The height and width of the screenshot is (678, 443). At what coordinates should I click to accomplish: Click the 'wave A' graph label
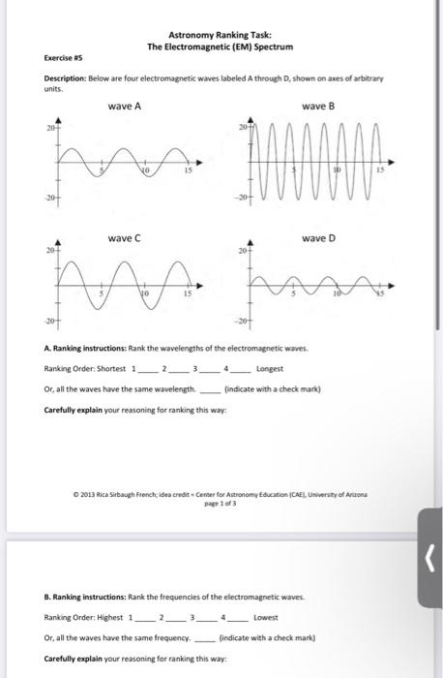(125, 107)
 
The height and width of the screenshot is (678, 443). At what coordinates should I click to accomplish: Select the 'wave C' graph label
(125, 237)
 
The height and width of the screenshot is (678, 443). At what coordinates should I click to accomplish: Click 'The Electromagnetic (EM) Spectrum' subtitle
(220, 46)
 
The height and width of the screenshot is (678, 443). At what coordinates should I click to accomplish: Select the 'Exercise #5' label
(60, 58)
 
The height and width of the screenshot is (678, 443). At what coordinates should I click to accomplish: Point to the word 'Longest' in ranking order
(266, 368)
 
